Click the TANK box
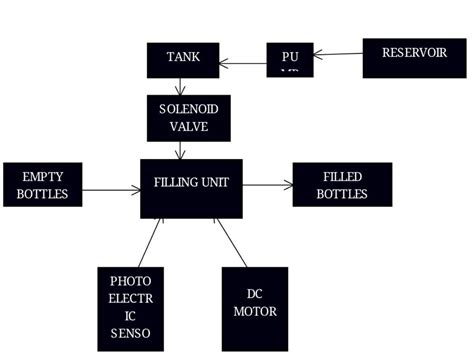coord(183,60)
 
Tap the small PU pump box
coord(290,59)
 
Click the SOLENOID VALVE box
coord(188,118)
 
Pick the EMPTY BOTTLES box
coord(42,185)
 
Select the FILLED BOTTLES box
coord(342,184)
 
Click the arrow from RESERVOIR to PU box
coord(338,54)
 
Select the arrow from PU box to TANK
coord(242,63)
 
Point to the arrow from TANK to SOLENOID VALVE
coord(180,87)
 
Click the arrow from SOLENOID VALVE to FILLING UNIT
coord(180,150)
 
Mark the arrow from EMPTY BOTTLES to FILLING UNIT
coord(110,187)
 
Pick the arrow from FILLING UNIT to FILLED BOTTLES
coord(267,184)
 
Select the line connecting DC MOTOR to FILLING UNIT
coord(232,243)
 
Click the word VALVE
coord(188,127)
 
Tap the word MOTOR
coord(254,311)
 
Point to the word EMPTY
coord(42,177)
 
